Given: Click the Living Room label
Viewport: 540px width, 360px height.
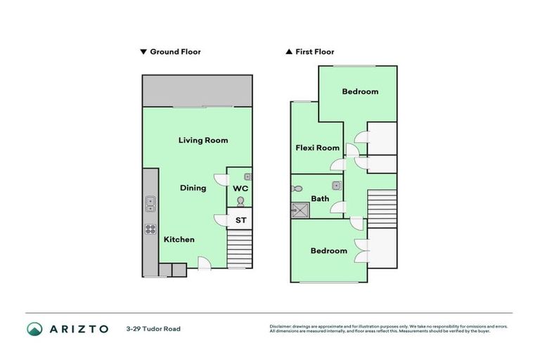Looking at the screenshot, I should (x=202, y=140).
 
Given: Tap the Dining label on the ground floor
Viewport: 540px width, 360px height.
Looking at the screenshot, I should (x=193, y=188).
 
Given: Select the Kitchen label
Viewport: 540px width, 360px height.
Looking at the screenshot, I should (x=179, y=240).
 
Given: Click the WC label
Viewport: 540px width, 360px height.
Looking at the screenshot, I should (x=240, y=188).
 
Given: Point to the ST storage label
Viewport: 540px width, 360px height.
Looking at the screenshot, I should (x=240, y=220).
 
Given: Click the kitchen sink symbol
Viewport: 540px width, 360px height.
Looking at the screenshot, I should (x=150, y=205).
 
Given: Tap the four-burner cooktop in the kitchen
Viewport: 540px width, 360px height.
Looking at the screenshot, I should (x=150, y=229).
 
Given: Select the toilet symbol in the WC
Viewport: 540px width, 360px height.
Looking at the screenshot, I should (x=240, y=202).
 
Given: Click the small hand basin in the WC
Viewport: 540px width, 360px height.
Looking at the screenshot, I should (x=247, y=176).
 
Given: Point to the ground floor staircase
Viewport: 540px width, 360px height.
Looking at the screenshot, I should (x=240, y=249).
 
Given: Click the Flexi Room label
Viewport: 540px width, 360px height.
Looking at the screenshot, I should (x=317, y=148).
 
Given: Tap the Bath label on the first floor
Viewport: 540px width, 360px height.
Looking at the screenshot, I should (x=320, y=199).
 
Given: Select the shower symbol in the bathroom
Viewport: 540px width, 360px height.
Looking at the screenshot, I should (x=300, y=209).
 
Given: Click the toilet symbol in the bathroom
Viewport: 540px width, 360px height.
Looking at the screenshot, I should (x=297, y=188).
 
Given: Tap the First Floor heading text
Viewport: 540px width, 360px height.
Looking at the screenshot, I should (x=314, y=51).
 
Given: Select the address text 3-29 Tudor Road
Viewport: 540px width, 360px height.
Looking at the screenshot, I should (x=153, y=328).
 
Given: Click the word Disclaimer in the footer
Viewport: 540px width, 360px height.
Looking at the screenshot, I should (x=283, y=326).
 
